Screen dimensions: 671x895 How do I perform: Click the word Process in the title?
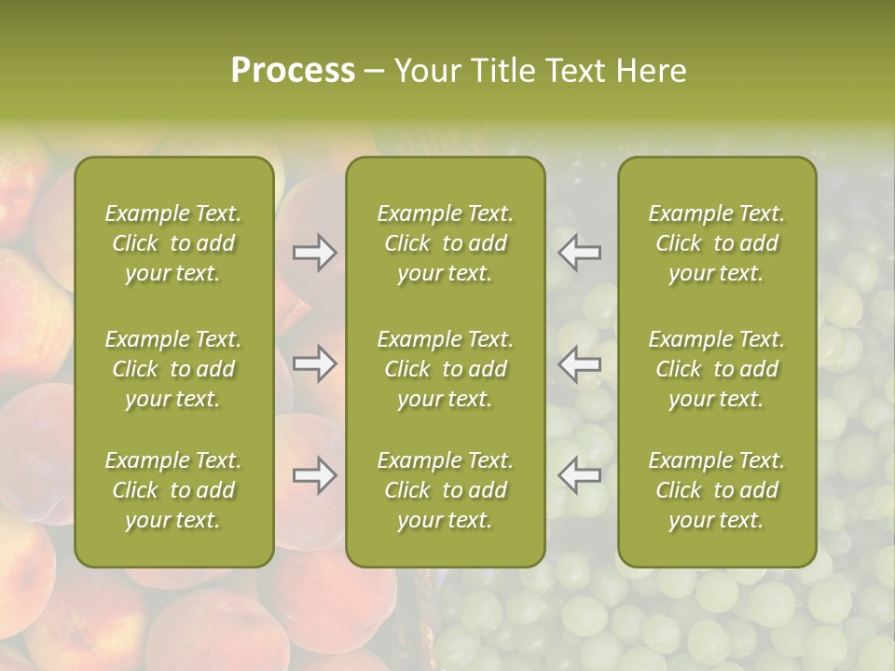pyautogui.click(x=293, y=71)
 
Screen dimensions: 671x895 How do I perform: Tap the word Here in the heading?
pyautogui.click(x=652, y=71)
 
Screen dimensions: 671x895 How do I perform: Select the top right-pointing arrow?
pyautogui.click(x=314, y=253)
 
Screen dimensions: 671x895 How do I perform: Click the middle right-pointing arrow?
pyautogui.click(x=314, y=363)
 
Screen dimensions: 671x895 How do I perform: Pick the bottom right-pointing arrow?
pyautogui.click(x=314, y=475)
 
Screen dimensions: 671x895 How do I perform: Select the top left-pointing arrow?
pyautogui.click(x=580, y=253)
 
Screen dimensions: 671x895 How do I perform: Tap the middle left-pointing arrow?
pyautogui.click(x=580, y=363)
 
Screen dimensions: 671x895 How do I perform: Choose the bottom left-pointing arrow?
pyautogui.click(x=580, y=475)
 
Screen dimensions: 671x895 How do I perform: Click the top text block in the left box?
pyautogui.click(x=173, y=243)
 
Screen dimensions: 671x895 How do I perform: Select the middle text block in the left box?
pyautogui.click(x=173, y=369)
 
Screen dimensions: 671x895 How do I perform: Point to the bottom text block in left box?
pyautogui.click(x=173, y=490)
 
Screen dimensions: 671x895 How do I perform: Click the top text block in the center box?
pyautogui.click(x=445, y=243)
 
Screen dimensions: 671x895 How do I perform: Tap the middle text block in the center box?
pyautogui.click(x=445, y=369)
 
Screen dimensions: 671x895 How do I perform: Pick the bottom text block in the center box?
pyautogui.click(x=445, y=490)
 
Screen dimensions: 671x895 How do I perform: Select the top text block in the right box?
pyautogui.click(x=716, y=243)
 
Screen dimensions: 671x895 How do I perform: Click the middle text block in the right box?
pyautogui.click(x=716, y=369)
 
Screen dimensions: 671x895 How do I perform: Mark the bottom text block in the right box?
pyautogui.click(x=716, y=490)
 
